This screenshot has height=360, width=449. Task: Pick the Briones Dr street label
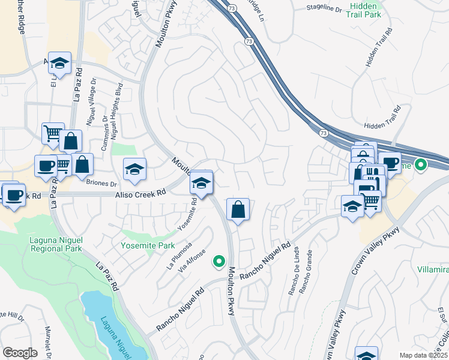[x=101, y=184]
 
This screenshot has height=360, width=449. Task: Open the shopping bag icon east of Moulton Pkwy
[x=238, y=210]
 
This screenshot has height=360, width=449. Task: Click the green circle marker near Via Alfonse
[x=219, y=261]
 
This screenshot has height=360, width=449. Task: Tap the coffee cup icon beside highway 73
[x=389, y=163]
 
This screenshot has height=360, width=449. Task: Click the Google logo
[x=19, y=353]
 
